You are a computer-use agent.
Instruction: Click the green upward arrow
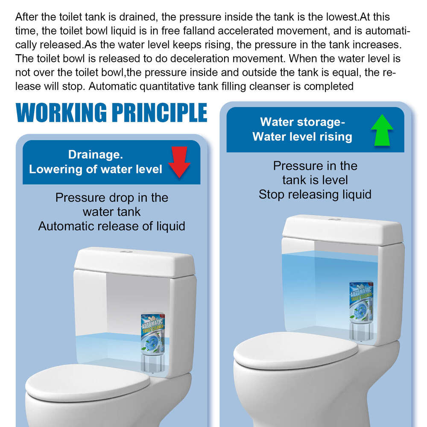point(382,130)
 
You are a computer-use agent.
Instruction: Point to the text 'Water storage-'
point(302,122)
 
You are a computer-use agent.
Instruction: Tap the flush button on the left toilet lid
point(125,253)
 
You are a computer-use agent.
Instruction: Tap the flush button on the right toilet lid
point(335,220)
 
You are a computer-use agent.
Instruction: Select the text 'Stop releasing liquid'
point(315,195)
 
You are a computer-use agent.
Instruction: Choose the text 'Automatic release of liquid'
point(111,226)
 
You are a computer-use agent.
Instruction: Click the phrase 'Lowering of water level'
point(96,169)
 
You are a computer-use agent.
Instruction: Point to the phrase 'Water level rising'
point(302,137)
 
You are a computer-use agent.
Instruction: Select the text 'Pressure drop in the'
point(111,198)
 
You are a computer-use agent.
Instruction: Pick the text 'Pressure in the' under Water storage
point(315,166)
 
